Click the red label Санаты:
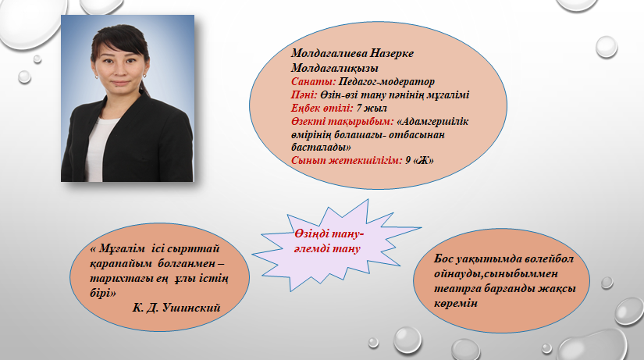coord(314,82)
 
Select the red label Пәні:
coord(304,95)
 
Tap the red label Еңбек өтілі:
coord(322,108)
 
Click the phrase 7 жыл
coord(372,108)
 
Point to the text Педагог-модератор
coord(386,82)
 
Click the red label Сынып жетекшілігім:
coord(347,160)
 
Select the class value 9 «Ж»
coord(419,160)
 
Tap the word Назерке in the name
coord(392,53)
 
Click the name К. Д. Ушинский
coord(176,308)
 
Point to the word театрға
coord(457,288)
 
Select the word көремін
coord(456,303)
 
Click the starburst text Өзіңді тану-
coord(329,233)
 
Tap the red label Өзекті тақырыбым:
coord(343,122)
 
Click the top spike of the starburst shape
coord(367,201)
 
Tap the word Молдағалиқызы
coord(335,68)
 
